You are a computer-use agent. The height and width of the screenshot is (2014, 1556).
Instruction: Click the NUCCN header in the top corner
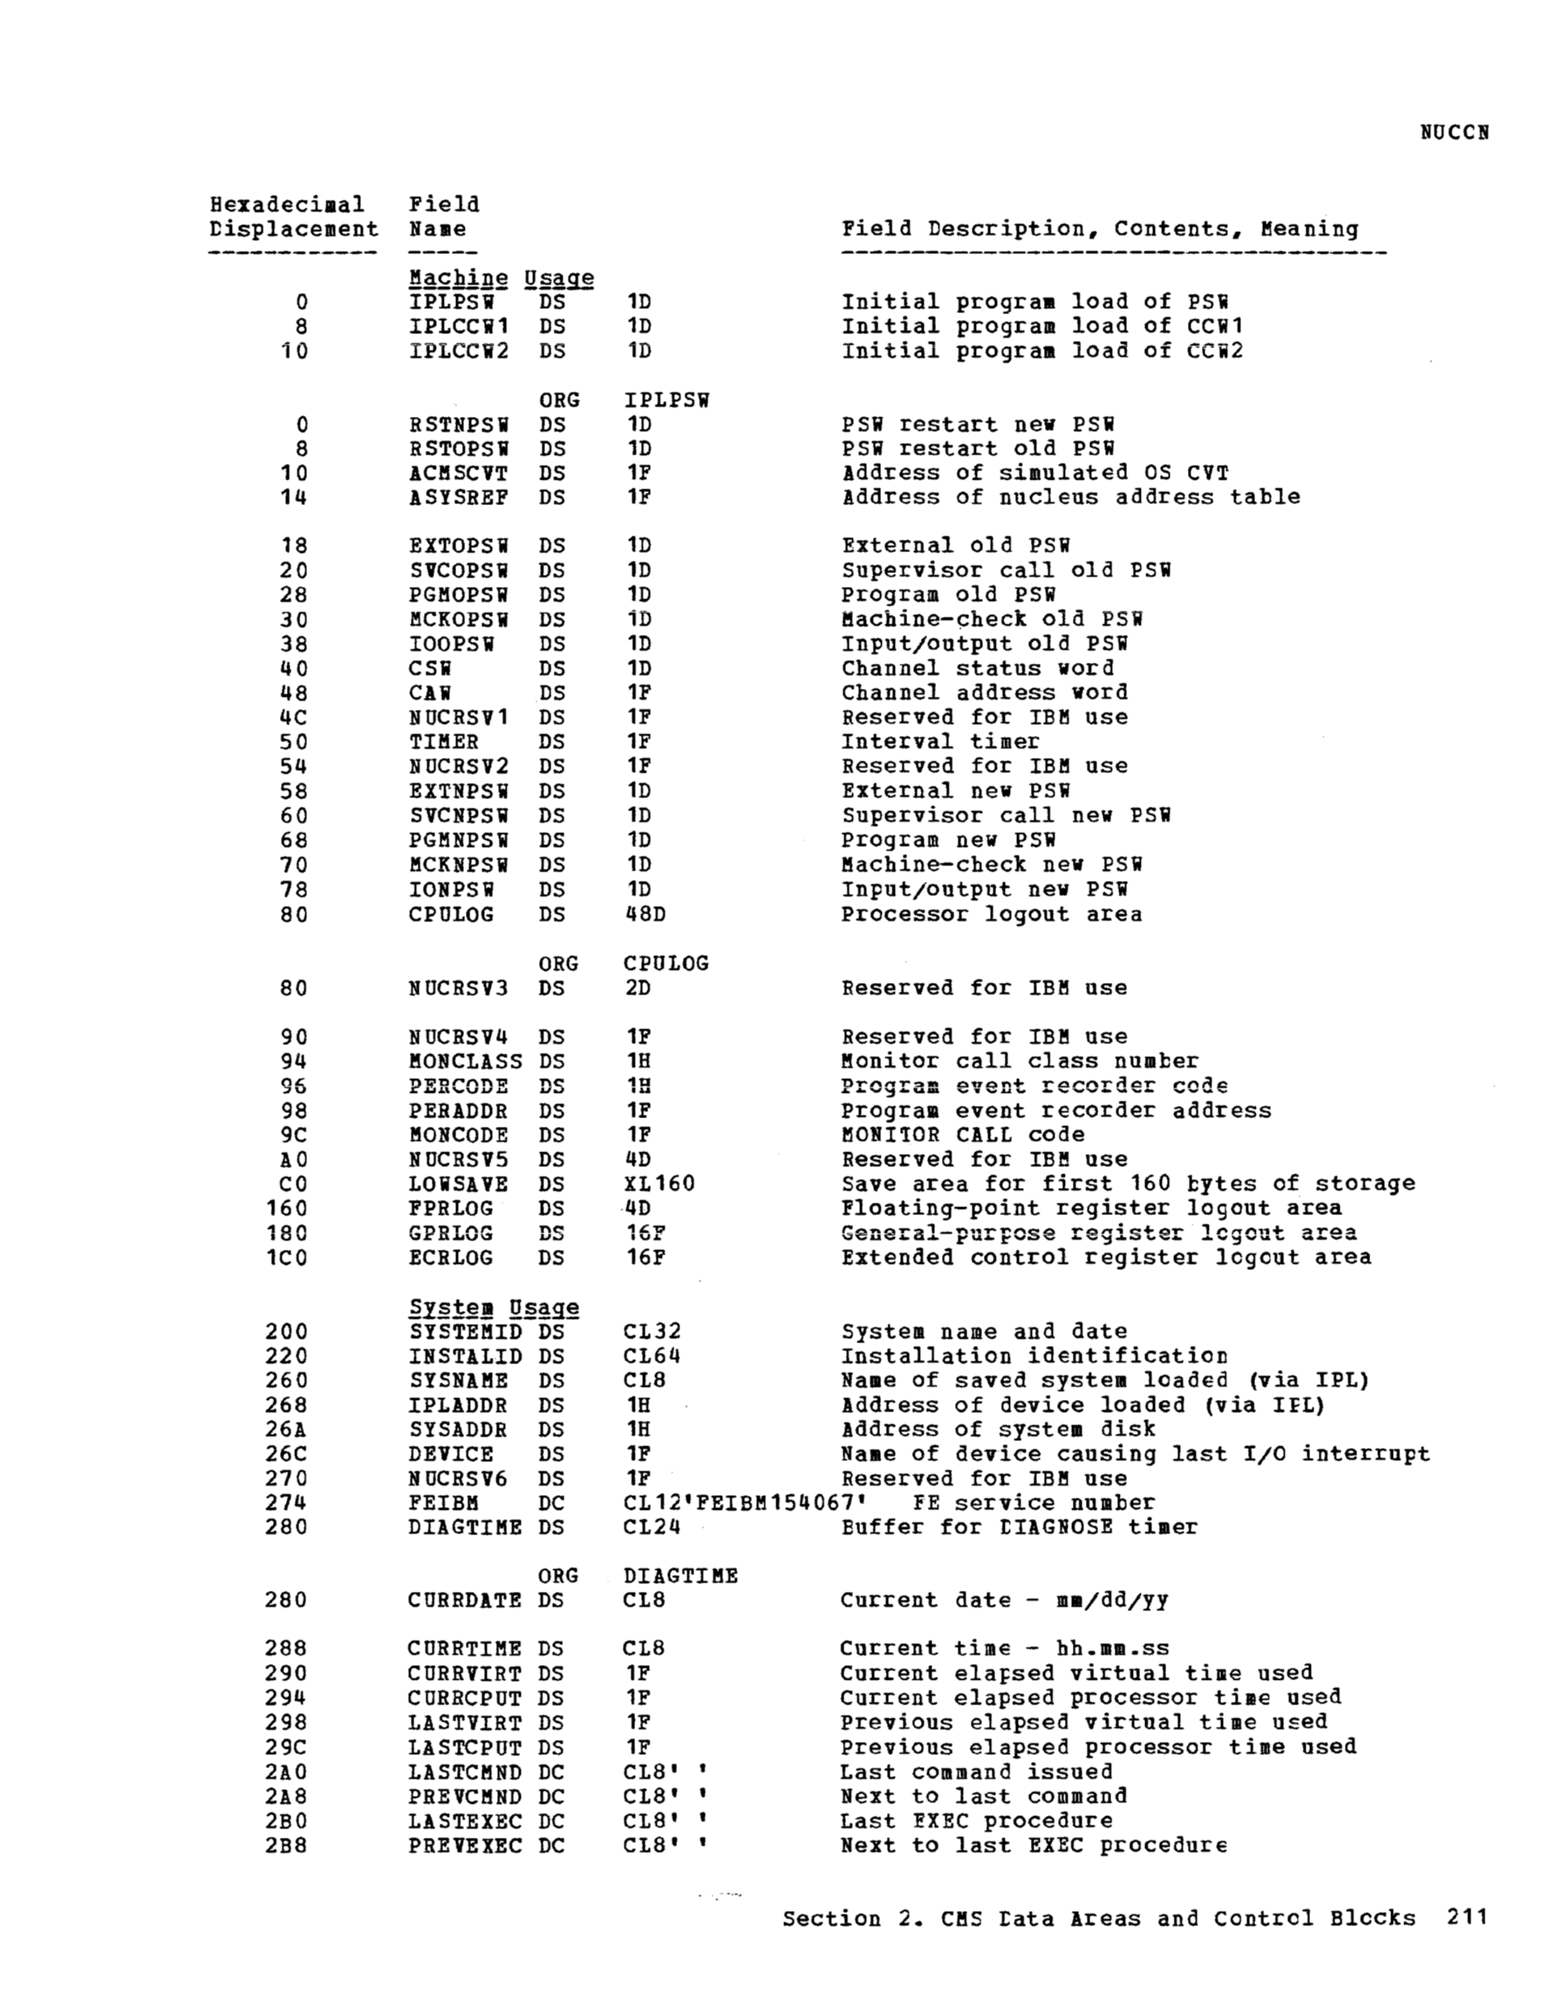pos(1454,132)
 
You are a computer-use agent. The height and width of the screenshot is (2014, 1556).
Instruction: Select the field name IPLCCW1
pos(459,326)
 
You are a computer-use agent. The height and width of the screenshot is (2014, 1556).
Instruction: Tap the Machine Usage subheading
pos(501,277)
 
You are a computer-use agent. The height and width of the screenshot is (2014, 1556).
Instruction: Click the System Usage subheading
pos(494,1307)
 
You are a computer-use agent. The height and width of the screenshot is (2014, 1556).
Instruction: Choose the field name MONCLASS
pos(465,1062)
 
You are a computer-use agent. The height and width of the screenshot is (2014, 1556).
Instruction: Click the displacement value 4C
pos(293,718)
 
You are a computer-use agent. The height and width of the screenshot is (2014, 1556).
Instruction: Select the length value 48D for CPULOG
pos(644,914)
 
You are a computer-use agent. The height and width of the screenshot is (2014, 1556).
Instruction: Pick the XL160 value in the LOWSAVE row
pos(659,1183)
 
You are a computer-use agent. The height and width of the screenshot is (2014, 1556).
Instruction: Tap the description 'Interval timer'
pos(940,741)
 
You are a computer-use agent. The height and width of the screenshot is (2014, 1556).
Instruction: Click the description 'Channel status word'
pos(977,667)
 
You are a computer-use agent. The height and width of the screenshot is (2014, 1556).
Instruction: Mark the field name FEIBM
pos(443,1502)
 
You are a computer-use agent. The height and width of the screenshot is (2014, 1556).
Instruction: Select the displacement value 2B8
pos(286,1846)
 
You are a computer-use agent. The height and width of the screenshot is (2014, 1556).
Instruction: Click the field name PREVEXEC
pos(465,1846)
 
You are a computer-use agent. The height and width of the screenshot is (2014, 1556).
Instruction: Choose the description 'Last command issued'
pos(976,1772)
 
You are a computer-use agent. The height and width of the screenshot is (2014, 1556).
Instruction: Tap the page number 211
pos(1467,1917)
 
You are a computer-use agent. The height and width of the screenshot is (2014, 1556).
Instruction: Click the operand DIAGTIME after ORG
pos(679,1575)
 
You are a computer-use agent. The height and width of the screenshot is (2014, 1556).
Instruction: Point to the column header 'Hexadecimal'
pos(287,204)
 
